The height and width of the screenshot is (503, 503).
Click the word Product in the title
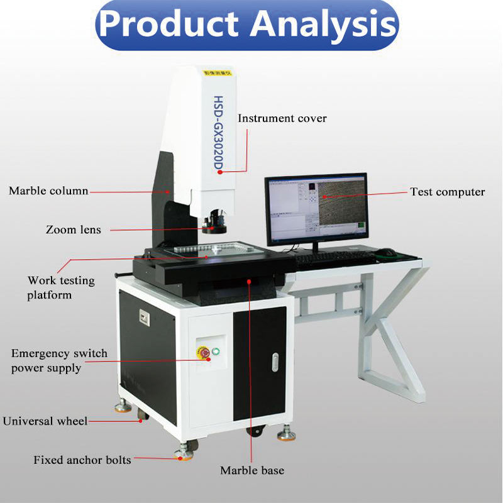pyautogui.click(x=169, y=25)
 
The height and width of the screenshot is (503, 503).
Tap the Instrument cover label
pyautogui.click(x=282, y=118)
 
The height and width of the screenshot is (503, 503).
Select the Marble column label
pyautogui.click(x=48, y=191)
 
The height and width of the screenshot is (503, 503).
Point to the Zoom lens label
pyautogui.click(x=73, y=229)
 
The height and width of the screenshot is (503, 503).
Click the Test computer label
pyautogui.click(x=447, y=192)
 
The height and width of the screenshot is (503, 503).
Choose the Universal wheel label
pyautogui.click(x=45, y=421)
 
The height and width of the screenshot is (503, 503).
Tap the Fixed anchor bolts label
pyautogui.click(x=82, y=460)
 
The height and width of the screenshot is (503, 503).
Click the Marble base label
pyautogui.click(x=251, y=470)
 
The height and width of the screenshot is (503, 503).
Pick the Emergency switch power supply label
pyautogui.click(x=59, y=360)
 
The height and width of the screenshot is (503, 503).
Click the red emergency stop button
pyautogui.click(x=205, y=353)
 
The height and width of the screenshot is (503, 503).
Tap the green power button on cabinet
pyautogui.click(x=218, y=351)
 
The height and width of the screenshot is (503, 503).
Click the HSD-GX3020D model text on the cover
pyautogui.click(x=219, y=133)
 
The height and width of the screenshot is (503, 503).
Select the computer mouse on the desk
pyautogui.click(x=386, y=253)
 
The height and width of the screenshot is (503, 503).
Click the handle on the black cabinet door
pyautogui.click(x=275, y=362)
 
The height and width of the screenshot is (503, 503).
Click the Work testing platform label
pyautogui.click(x=60, y=287)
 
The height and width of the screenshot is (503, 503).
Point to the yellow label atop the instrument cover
pyautogui.click(x=215, y=73)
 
